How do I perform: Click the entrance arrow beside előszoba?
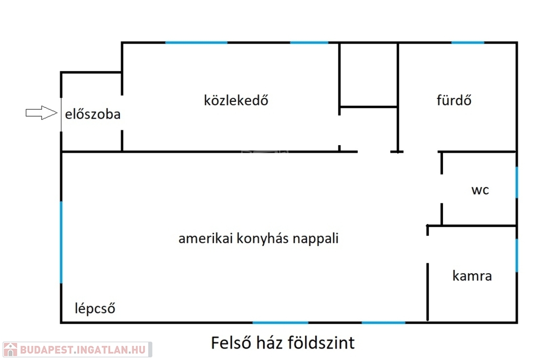click(x=41, y=112)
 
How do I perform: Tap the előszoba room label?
click(x=93, y=114)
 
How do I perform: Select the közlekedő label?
click(x=236, y=100)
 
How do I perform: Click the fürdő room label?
click(x=453, y=100)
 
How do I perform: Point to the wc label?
click(x=480, y=190)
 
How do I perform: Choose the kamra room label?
click(x=472, y=276)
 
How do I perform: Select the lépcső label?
click(x=95, y=308)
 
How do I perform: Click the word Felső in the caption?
click(x=230, y=343)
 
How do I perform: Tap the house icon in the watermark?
click(x=11, y=349)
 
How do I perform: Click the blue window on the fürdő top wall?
click(x=468, y=43)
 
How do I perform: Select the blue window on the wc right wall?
click(x=516, y=182)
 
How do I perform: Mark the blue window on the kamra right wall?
click(x=516, y=255)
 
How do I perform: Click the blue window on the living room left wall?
click(x=61, y=242)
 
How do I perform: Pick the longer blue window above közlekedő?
click(x=196, y=43)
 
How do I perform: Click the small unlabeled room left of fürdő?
click(x=368, y=75)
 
